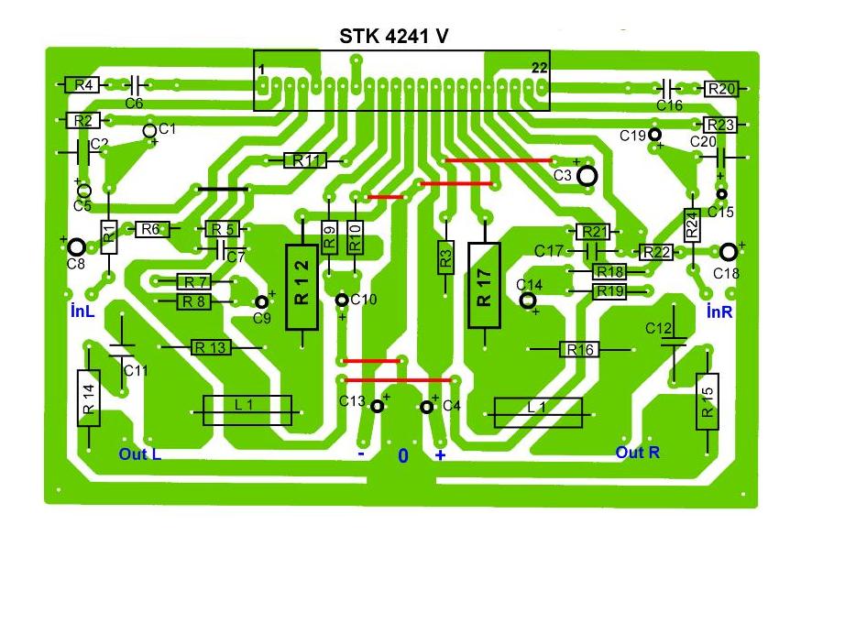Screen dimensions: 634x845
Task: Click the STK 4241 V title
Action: click(x=395, y=36)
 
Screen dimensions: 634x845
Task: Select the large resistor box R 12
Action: click(x=302, y=287)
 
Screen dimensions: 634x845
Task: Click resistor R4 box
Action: click(x=83, y=85)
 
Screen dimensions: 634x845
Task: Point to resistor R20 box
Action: click(x=721, y=89)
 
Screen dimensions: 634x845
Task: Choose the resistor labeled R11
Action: click(x=305, y=160)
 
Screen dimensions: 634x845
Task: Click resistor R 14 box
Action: click(x=89, y=398)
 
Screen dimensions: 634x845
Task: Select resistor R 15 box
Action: click(x=708, y=400)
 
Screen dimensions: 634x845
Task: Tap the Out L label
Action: click(x=140, y=454)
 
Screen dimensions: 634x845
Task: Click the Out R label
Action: click(x=637, y=453)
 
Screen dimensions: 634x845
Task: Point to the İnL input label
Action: click(x=82, y=312)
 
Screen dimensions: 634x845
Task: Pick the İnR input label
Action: click(x=719, y=312)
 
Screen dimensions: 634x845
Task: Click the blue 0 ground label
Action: click(x=402, y=455)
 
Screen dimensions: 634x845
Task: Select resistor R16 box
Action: click(x=580, y=349)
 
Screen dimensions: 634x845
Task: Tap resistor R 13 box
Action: click(x=210, y=347)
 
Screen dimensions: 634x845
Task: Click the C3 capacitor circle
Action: click(x=587, y=174)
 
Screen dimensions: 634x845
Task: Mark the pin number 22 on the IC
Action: click(x=539, y=69)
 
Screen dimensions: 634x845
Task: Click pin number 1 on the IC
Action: click(x=262, y=70)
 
